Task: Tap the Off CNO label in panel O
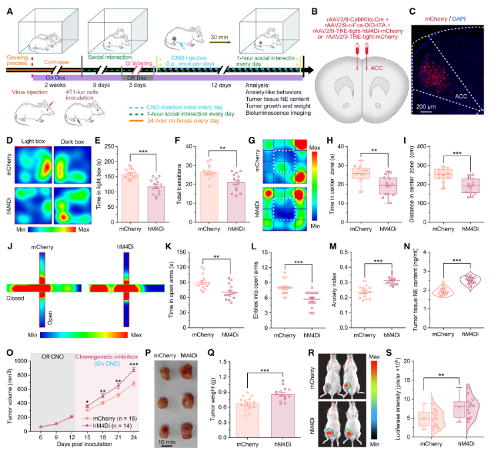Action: pos(57,357)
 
